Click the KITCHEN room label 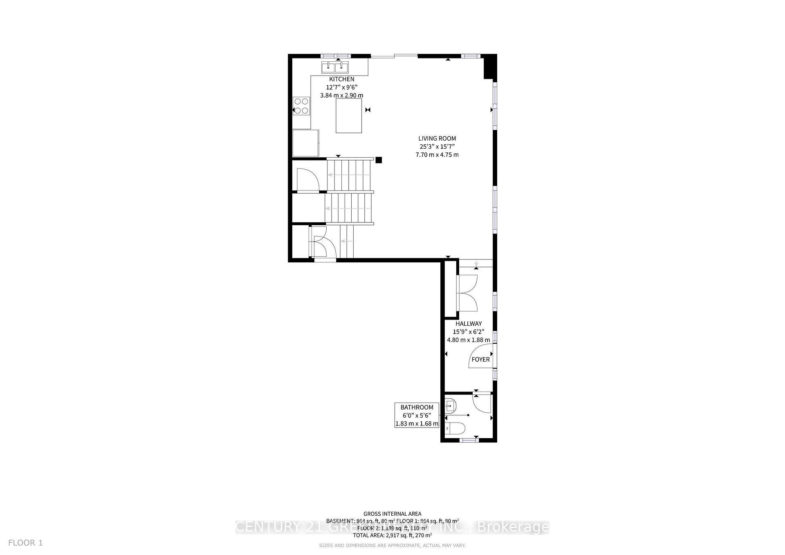(342, 79)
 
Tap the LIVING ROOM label (437, 139)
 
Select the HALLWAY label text (469, 324)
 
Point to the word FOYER (481, 360)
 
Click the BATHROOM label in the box (417, 407)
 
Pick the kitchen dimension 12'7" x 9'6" (342, 87)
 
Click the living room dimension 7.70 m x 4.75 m (437, 155)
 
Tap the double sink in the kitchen (334, 67)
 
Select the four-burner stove (301, 106)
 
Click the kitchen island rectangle (349, 116)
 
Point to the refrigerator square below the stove (305, 143)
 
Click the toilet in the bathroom (455, 429)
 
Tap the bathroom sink (450, 405)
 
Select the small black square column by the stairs (379, 160)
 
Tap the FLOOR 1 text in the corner (25, 543)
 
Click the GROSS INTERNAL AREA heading (392, 514)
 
